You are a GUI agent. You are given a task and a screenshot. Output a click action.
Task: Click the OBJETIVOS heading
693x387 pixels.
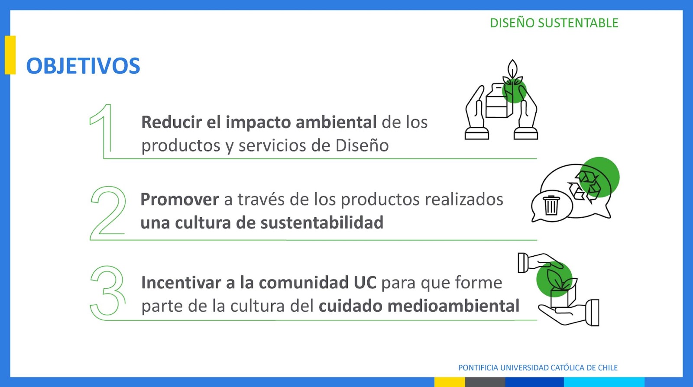click(x=83, y=66)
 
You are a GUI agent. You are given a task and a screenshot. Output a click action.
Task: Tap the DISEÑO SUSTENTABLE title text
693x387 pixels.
click(x=554, y=23)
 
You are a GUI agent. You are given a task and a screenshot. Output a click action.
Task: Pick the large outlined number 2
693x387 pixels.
click(x=108, y=213)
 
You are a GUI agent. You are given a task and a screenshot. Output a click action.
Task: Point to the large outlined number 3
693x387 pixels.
click(x=108, y=292)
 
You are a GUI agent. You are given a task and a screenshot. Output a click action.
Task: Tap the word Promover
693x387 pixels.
click(x=180, y=200)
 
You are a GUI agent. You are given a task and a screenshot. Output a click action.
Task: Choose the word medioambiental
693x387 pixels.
click(x=453, y=306)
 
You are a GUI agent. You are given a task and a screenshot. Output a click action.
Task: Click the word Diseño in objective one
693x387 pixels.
click(x=362, y=145)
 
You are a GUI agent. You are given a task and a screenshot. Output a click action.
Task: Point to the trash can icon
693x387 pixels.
click(x=551, y=205)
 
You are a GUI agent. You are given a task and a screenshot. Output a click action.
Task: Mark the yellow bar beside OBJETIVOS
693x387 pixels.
click(x=10, y=55)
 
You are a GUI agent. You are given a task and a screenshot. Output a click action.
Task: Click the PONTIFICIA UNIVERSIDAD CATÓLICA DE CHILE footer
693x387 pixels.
click(x=538, y=368)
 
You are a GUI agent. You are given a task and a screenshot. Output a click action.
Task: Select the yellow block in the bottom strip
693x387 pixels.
click(x=450, y=382)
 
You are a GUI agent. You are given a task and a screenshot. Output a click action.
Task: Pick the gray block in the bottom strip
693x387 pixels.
click(x=485, y=382)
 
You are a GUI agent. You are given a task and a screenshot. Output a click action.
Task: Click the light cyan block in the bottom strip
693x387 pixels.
click(x=604, y=382)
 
